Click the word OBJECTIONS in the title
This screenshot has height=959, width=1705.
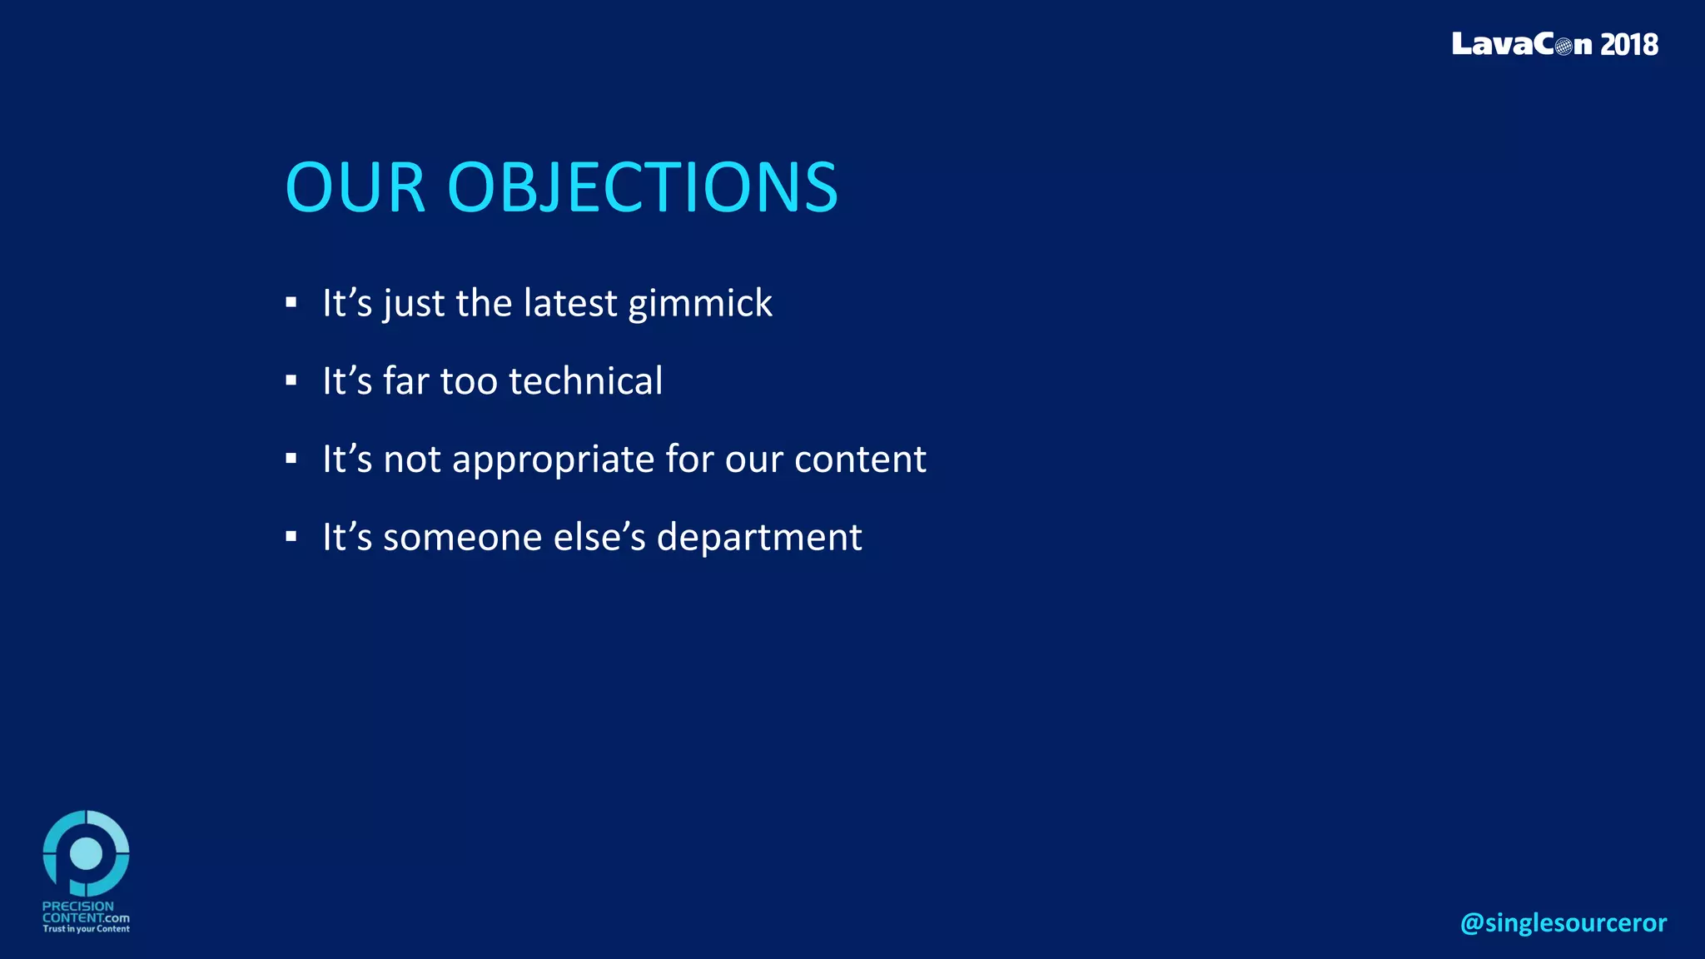[x=642, y=187]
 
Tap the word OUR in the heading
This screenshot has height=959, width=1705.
[x=355, y=187]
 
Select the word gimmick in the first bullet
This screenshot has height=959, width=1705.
[x=699, y=304]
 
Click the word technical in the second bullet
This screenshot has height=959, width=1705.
[x=585, y=381]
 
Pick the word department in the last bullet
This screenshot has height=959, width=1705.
[x=758, y=537]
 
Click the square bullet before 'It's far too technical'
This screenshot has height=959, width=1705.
[x=291, y=381]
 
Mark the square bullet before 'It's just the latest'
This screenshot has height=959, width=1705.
[x=291, y=303]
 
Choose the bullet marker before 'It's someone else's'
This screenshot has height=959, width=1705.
[x=291, y=537]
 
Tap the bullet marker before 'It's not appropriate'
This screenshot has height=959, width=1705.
[x=291, y=459]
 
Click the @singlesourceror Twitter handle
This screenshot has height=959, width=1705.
[x=1563, y=922]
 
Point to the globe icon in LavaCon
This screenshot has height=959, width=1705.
[x=1563, y=46]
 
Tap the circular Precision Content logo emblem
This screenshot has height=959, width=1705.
[x=86, y=852]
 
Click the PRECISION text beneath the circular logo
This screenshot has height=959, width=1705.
[x=77, y=906]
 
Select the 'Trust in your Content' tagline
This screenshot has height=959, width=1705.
[x=86, y=929]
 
